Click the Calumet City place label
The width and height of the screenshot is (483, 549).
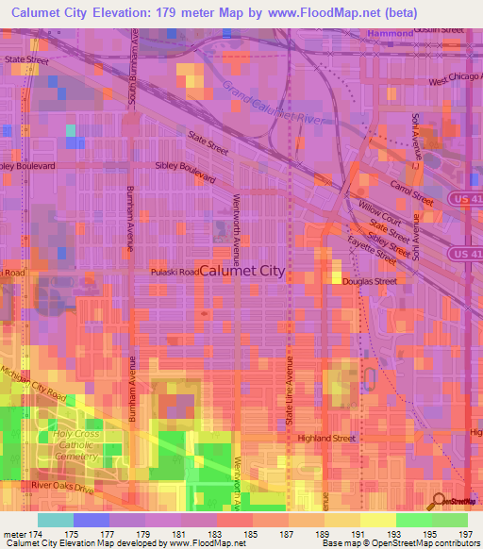pos(242,270)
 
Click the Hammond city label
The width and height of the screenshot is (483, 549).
pos(390,33)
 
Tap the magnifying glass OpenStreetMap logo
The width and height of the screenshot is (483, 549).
pos(438,502)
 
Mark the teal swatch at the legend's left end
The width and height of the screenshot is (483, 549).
pos(55,520)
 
